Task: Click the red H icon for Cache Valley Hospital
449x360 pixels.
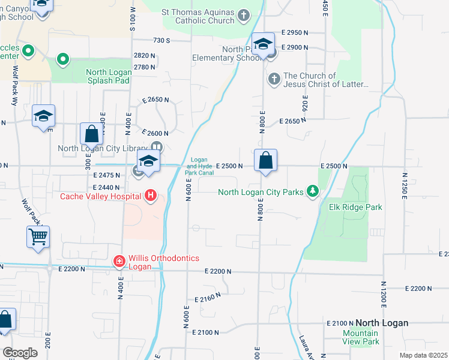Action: coord(150,196)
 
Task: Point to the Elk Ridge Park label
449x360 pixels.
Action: coord(355,207)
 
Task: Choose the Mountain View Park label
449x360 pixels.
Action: coord(360,337)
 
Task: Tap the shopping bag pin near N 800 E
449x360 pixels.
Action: coord(265,161)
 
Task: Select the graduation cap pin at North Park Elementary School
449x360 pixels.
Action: coord(262,44)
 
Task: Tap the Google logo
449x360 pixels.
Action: coord(20,353)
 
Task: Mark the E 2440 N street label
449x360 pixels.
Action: coord(109,187)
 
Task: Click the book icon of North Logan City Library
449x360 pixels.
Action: coord(156,148)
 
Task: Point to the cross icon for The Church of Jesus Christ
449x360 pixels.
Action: coord(273,79)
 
